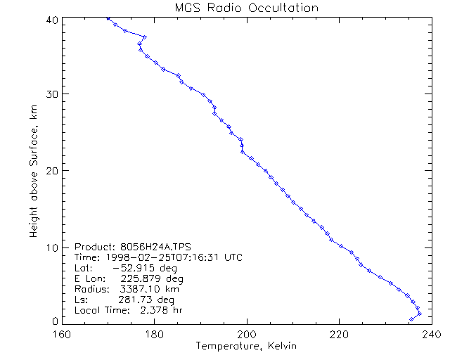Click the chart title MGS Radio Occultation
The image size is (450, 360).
pyautogui.click(x=246, y=8)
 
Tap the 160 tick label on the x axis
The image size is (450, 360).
pyautogui.click(x=62, y=334)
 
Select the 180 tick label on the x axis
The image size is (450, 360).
pyautogui.click(x=154, y=334)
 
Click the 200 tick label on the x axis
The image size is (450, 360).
pyautogui.click(x=246, y=334)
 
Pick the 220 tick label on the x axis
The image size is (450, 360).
pyautogui.click(x=338, y=334)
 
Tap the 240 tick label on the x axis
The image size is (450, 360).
pyautogui.click(x=430, y=334)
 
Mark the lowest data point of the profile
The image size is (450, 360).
pyautogui.click(x=411, y=319)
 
